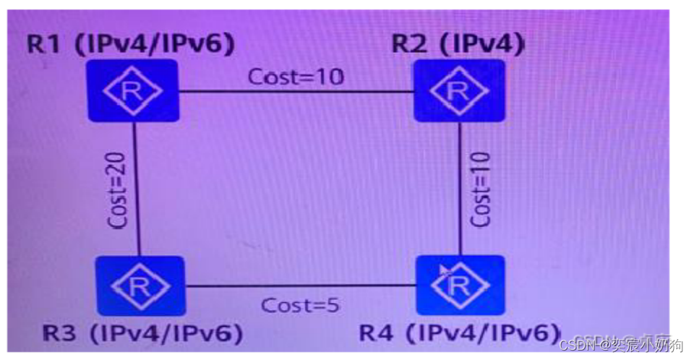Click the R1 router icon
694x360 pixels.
click(132, 91)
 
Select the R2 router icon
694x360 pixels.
click(459, 91)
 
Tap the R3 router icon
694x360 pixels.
click(141, 286)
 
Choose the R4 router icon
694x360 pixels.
click(460, 285)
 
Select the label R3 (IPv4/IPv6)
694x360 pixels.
click(142, 333)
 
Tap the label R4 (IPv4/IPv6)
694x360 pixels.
click(460, 333)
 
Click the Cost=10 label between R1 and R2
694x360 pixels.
click(296, 77)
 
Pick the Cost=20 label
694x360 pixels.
click(119, 189)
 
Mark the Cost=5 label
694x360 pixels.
click(301, 304)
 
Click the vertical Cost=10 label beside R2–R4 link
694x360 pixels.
click(480, 189)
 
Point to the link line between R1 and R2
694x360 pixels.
click(296, 92)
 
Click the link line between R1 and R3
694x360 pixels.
click(135, 189)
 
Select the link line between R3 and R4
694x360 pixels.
click(301, 286)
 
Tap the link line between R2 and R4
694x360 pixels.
click(460, 189)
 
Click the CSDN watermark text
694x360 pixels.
click(622, 343)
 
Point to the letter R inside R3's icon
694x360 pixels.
click(140, 286)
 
